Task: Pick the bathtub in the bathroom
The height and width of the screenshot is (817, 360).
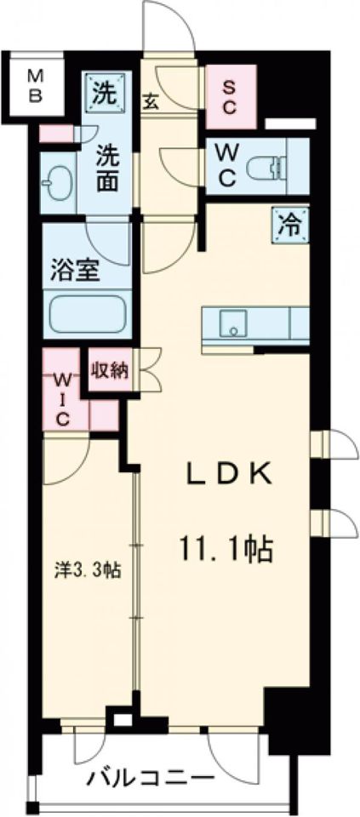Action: pyautogui.click(x=88, y=314)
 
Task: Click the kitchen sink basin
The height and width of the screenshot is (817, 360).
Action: pyautogui.click(x=229, y=323)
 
